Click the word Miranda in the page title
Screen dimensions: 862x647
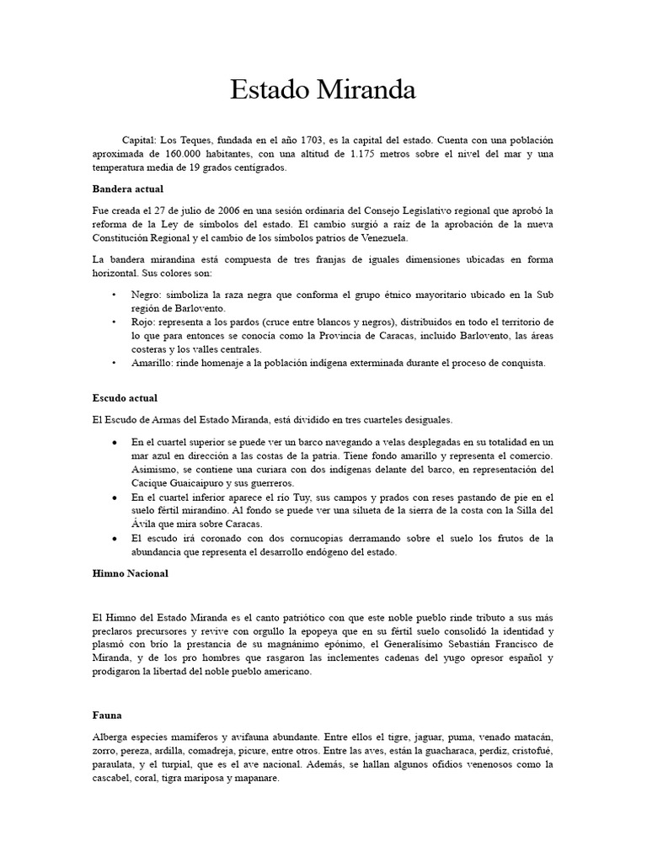pyautogui.click(x=366, y=90)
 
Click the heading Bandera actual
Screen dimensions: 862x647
pyautogui.click(x=128, y=189)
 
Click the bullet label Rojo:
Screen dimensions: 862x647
pyautogui.click(x=145, y=322)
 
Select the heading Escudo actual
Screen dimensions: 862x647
pyautogui.click(x=126, y=397)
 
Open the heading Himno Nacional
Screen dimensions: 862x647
pyautogui.click(x=131, y=573)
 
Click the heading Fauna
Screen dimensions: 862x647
pyautogui.click(x=108, y=716)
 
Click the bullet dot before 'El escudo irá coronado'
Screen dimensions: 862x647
pyautogui.click(x=114, y=538)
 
